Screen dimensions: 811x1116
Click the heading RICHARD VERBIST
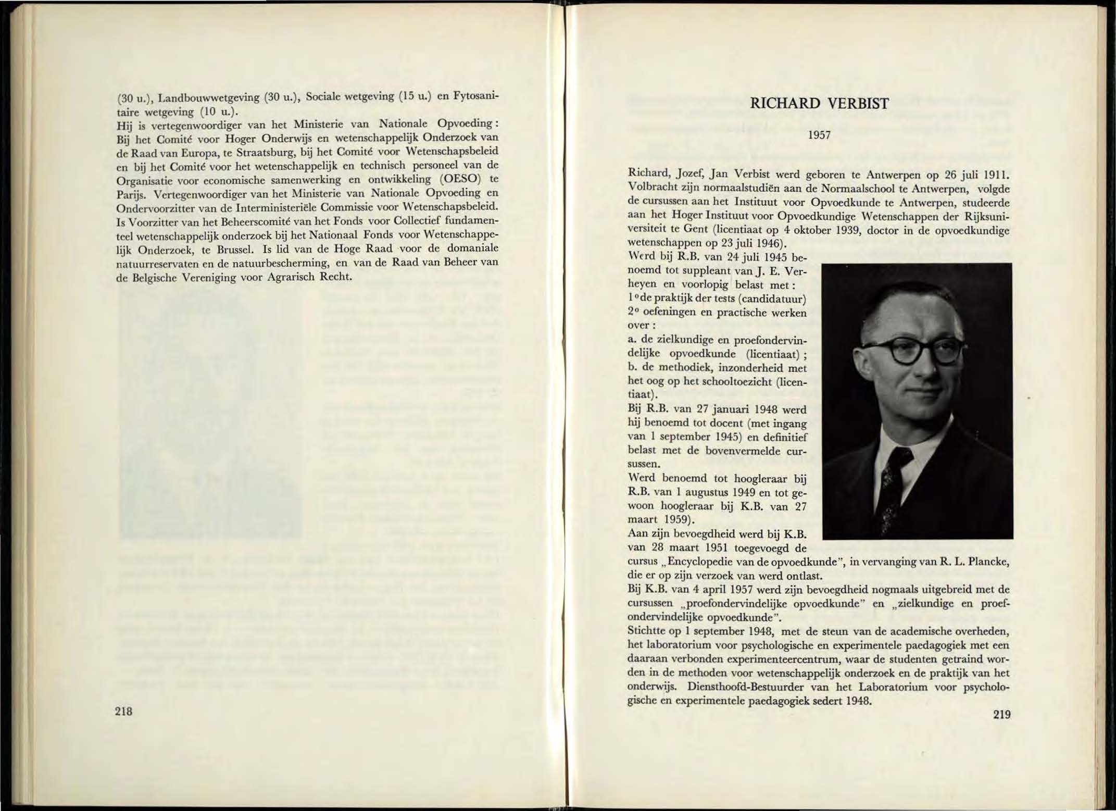point(819,104)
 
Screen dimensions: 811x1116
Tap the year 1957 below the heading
point(819,135)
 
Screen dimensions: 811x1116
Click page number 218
point(124,711)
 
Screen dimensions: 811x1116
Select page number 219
point(1001,714)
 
